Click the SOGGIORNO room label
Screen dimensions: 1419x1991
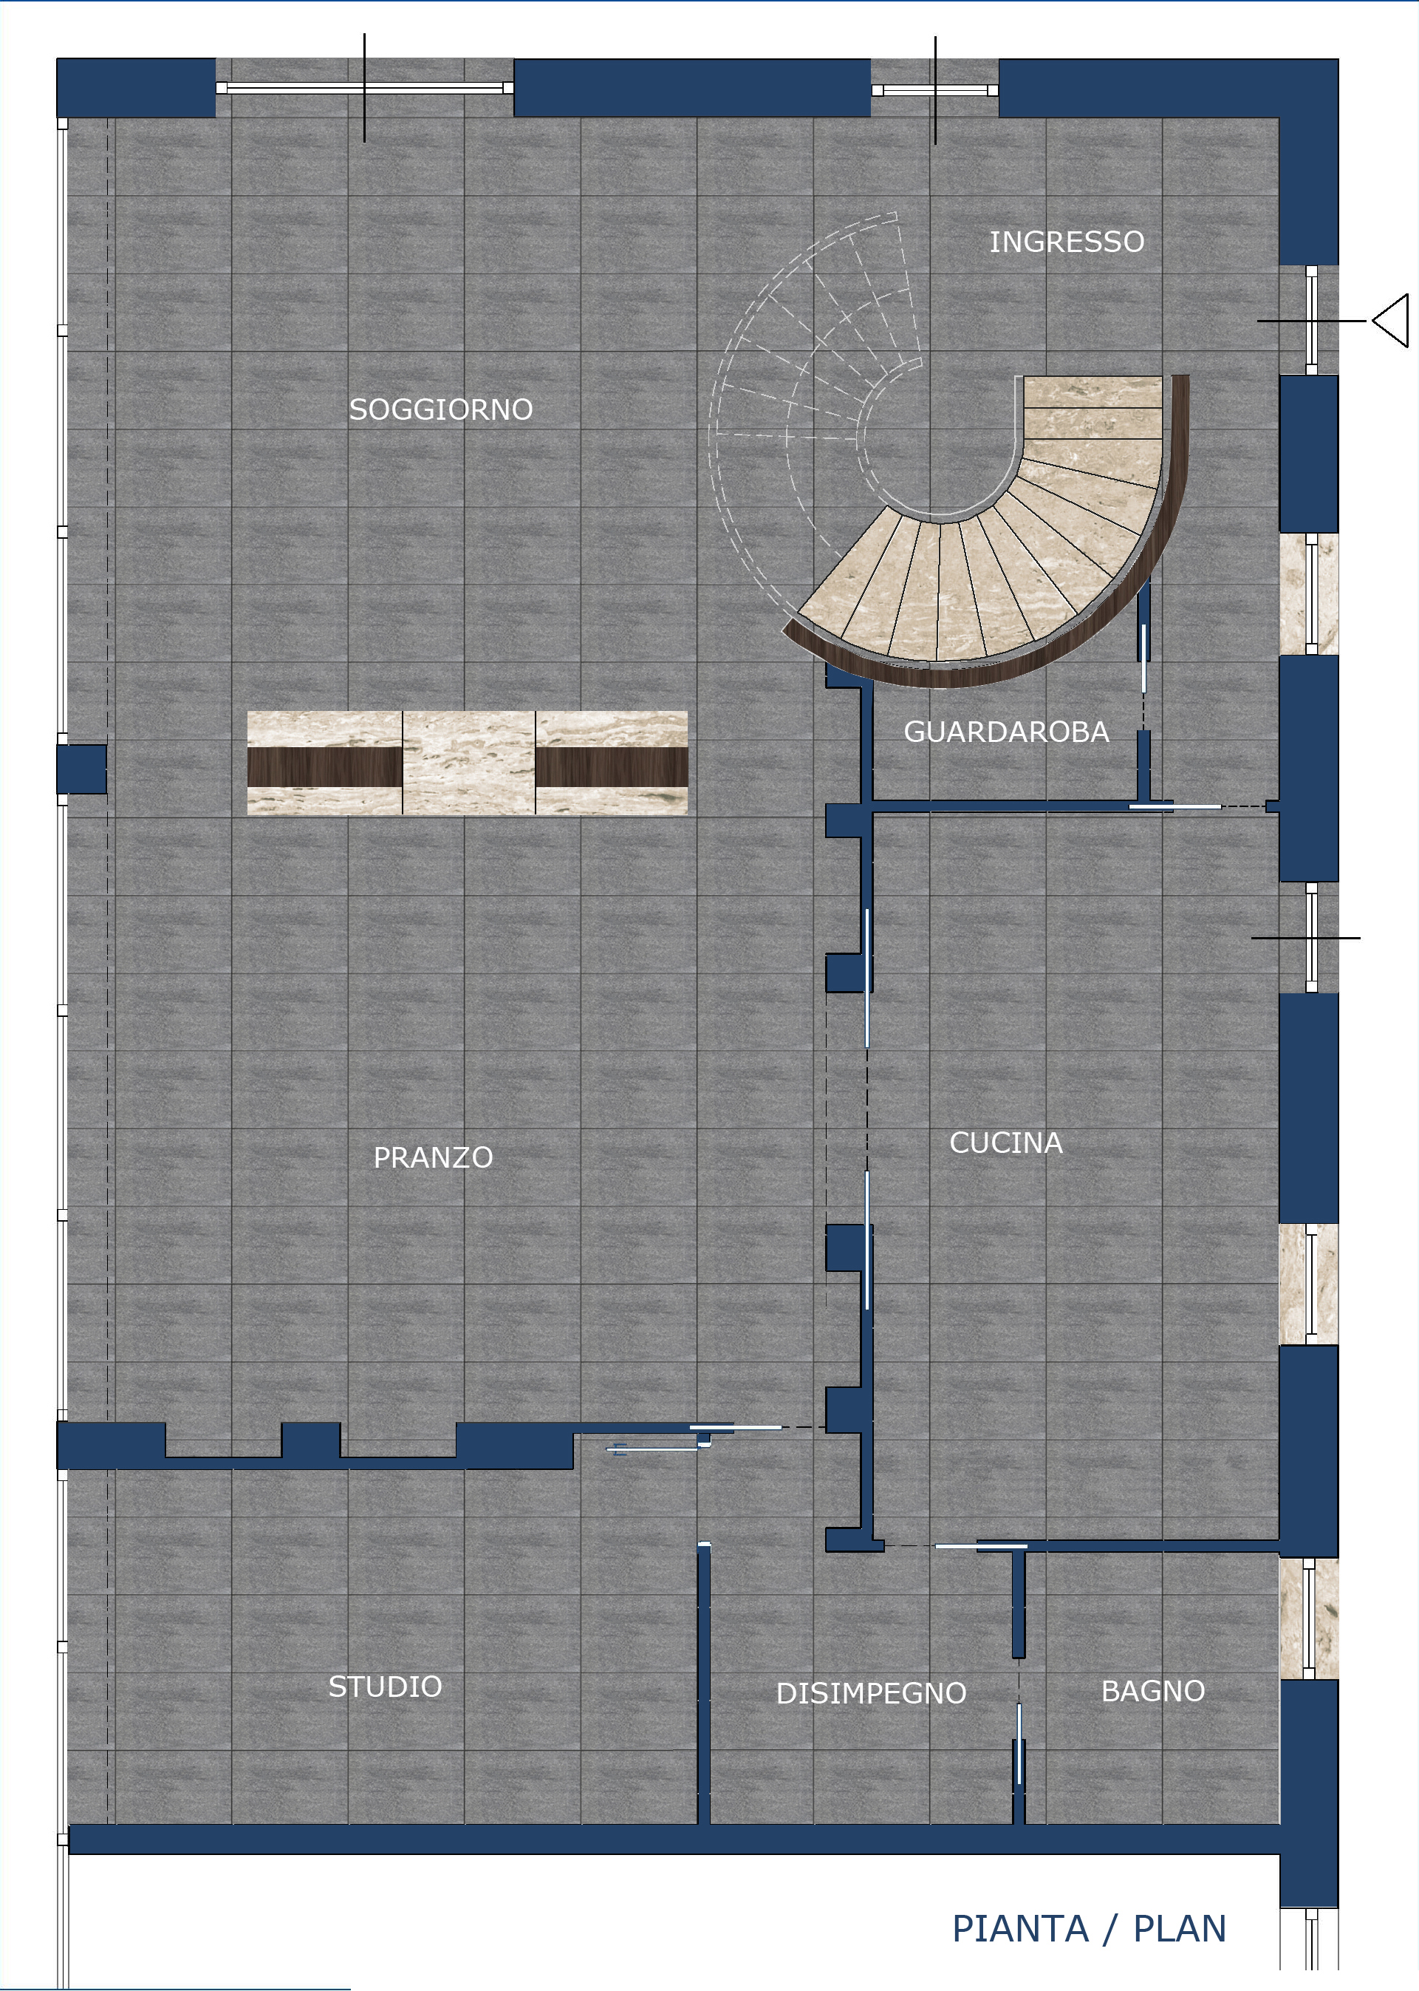(x=441, y=409)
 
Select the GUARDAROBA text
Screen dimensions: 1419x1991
(x=1007, y=732)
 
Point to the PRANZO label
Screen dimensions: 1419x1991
(x=434, y=1157)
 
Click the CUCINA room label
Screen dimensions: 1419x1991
(x=1007, y=1143)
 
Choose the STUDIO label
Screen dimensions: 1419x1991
(x=386, y=1686)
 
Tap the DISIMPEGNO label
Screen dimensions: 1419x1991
(x=871, y=1693)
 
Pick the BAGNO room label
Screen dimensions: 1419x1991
(x=1153, y=1691)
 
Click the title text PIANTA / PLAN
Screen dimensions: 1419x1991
(x=1090, y=1928)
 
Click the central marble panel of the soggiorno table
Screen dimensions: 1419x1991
(x=468, y=763)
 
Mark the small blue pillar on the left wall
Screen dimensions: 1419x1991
(x=82, y=769)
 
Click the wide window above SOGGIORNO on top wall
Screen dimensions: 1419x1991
(x=364, y=87)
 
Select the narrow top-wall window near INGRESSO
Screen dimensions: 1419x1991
(x=935, y=90)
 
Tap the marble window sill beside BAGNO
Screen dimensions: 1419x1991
(x=1309, y=1618)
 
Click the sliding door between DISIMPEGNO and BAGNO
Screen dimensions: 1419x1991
(x=1018, y=1743)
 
